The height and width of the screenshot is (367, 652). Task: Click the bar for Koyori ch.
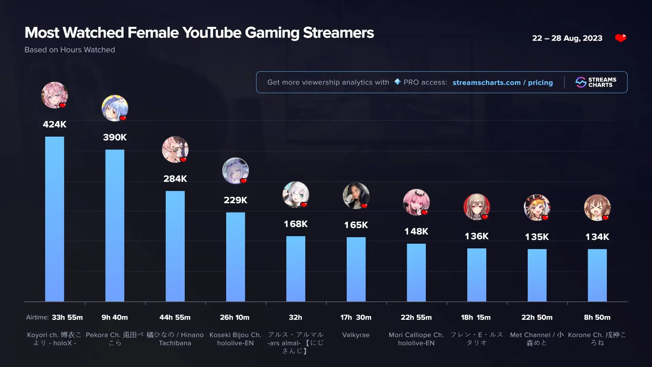(x=54, y=219)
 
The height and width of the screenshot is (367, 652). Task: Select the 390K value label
(x=115, y=137)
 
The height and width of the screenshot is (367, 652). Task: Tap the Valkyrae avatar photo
(x=356, y=195)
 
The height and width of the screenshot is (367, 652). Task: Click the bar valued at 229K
(x=235, y=257)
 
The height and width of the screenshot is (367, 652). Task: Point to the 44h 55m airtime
(x=175, y=317)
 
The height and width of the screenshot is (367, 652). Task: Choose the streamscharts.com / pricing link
(x=503, y=83)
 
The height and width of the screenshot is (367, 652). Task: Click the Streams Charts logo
(x=596, y=82)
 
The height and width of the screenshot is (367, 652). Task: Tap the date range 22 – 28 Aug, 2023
(x=567, y=38)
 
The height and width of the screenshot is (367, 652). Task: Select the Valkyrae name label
(x=356, y=335)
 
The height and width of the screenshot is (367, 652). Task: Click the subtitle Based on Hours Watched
(x=70, y=50)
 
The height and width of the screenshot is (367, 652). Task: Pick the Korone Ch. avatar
(x=597, y=207)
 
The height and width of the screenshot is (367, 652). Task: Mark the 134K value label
(x=597, y=237)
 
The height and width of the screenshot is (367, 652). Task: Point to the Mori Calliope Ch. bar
(x=416, y=272)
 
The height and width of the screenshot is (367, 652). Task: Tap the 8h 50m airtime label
(x=597, y=317)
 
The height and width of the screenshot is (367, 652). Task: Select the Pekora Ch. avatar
(x=115, y=108)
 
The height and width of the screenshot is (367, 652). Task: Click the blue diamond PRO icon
(x=397, y=82)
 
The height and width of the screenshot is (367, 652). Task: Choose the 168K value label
(x=296, y=224)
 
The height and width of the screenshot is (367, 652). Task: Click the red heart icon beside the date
(x=621, y=38)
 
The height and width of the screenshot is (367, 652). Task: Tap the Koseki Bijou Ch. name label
(x=235, y=339)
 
